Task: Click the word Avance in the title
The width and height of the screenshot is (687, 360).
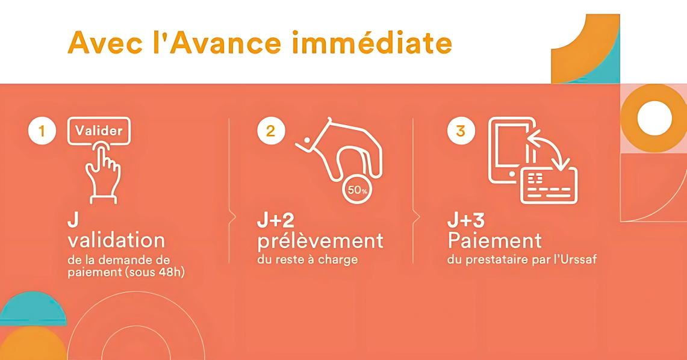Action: [225, 43]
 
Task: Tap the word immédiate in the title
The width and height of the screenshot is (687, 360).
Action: [371, 43]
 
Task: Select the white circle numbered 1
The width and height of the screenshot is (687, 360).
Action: [42, 131]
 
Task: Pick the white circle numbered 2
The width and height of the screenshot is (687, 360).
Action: [271, 131]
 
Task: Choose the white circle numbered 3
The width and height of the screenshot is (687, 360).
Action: [461, 131]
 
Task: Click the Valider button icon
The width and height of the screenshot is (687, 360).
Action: [99, 131]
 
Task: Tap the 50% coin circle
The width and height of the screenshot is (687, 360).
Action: [357, 190]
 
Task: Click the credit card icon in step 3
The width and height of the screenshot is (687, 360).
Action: [549, 185]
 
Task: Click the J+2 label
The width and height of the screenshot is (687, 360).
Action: [276, 221]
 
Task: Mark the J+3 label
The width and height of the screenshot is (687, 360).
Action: [466, 221]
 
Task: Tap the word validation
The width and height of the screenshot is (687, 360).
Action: [116, 240]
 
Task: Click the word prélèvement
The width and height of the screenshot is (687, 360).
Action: [320, 241]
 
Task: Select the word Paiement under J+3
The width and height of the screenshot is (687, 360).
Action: [495, 240]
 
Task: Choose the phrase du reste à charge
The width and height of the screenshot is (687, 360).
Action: [308, 259]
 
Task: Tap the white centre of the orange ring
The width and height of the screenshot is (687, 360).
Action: [654, 118]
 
